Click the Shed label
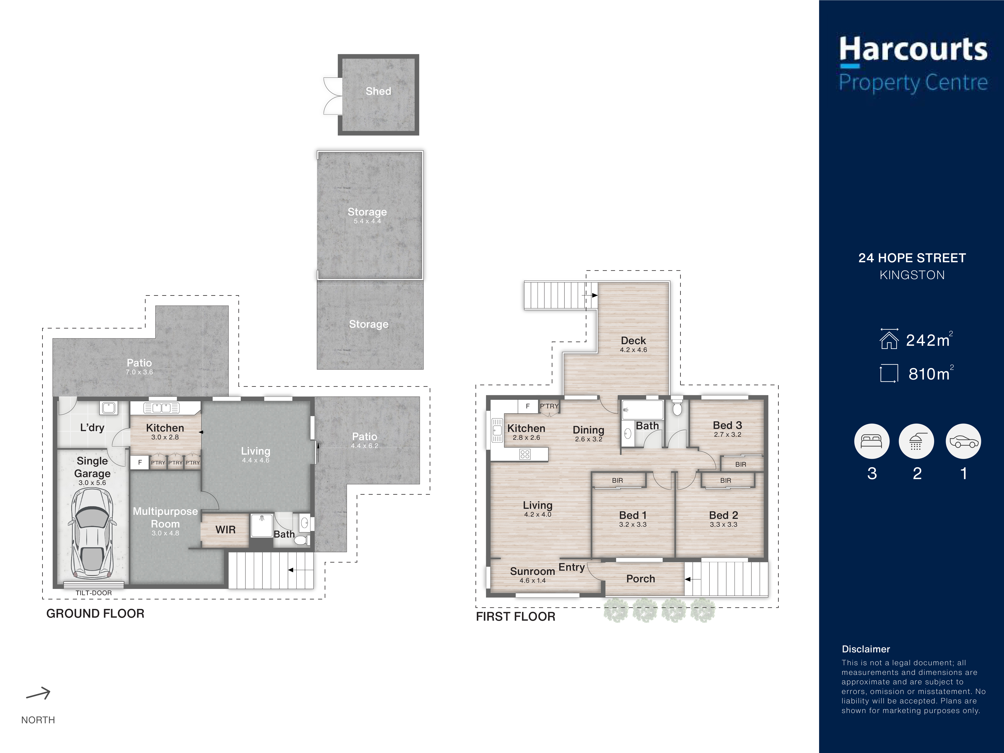(378, 91)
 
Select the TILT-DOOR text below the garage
(94, 593)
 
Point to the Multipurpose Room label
(165, 517)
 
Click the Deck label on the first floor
(633, 340)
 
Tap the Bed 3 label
(727, 425)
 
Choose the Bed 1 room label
(633, 515)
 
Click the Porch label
(640, 579)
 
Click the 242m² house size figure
(929, 340)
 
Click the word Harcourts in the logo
(913, 49)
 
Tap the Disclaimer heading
(866, 649)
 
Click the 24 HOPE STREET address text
(912, 258)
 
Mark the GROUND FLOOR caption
(95, 614)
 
